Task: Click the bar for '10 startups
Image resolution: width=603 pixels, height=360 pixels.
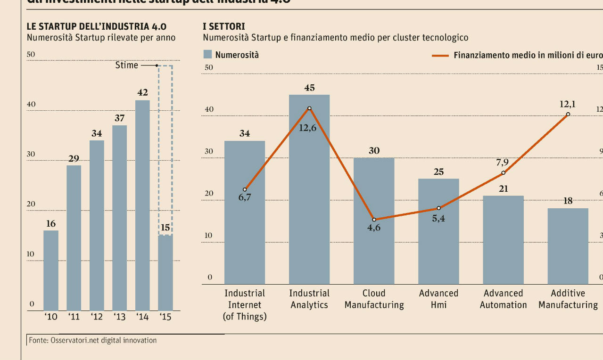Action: [x=51, y=270]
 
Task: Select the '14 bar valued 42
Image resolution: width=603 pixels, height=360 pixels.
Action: [x=143, y=205]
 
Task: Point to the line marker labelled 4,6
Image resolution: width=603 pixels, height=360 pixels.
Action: [x=374, y=220]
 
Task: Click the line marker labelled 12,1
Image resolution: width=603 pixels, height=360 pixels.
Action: [x=568, y=114]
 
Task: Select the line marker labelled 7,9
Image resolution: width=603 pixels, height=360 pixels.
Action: [x=503, y=173]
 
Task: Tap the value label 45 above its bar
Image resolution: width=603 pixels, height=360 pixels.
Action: [x=309, y=88]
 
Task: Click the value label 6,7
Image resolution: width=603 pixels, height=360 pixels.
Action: [x=245, y=197]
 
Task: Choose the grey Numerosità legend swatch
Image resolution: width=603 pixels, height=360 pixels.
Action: [x=207, y=54]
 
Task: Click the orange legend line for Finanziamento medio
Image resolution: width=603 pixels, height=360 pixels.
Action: [x=440, y=55]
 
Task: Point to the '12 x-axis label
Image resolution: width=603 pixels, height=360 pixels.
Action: [x=97, y=317]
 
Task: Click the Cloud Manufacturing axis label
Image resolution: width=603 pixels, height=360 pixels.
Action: [x=374, y=299]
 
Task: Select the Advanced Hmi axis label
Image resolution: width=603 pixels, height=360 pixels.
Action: [x=438, y=299]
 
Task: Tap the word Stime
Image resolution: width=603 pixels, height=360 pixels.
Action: [x=126, y=65]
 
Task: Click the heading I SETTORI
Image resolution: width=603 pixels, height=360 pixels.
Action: [x=224, y=26]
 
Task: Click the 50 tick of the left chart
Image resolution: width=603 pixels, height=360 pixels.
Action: [x=31, y=55]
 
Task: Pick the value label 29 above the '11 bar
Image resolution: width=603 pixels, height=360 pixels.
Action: [x=74, y=158]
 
